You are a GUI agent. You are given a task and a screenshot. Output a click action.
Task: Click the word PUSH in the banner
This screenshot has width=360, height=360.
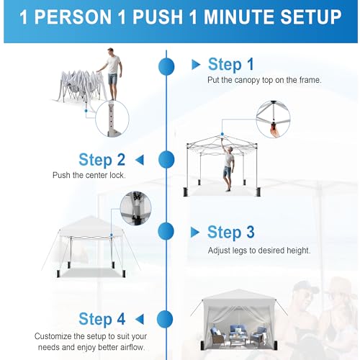pyautogui.click(x=158, y=17)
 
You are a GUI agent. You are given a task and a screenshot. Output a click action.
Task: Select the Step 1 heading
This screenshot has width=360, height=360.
pyautogui.click(x=230, y=65)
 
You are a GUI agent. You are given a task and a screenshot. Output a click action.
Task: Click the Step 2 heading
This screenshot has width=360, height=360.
pyautogui.click(x=102, y=160)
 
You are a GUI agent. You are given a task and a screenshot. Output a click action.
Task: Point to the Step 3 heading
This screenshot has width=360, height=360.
pyautogui.click(x=230, y=233)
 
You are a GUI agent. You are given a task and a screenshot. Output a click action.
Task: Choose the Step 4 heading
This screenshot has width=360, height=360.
pyautogui.click(x=102, y=320)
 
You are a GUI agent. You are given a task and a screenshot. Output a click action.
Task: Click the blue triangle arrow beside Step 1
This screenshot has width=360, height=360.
pyautogui.click(x=196, y=65)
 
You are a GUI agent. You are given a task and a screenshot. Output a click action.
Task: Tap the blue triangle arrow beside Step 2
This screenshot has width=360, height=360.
pyautogui.click(x=140, y=160)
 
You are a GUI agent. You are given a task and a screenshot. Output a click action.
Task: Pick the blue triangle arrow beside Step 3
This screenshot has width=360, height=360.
pyautogui.click(x=195, y=233)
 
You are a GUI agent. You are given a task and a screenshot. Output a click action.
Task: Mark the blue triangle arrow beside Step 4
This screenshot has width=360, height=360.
pyautogui.click(x=140, y=320)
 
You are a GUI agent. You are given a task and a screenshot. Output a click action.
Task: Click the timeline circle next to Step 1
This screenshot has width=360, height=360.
pyautogui.click(x=166, y=66)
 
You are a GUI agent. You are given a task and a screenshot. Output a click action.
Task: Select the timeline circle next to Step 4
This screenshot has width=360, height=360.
pyautogui.click(x=165, y=319)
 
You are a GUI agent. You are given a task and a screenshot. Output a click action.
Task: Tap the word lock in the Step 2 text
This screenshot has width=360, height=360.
pyautogui.click(x=117, y=175)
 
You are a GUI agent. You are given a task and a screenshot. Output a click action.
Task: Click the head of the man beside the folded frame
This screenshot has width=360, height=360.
pyautogui.click(x=111, y=51)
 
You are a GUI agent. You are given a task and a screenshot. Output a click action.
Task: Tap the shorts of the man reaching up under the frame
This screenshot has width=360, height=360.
pyautogui.click(x=227, y=171)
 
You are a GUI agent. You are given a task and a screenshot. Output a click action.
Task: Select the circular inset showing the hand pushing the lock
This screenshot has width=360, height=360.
pyautogui.click(x=273, y=120)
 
